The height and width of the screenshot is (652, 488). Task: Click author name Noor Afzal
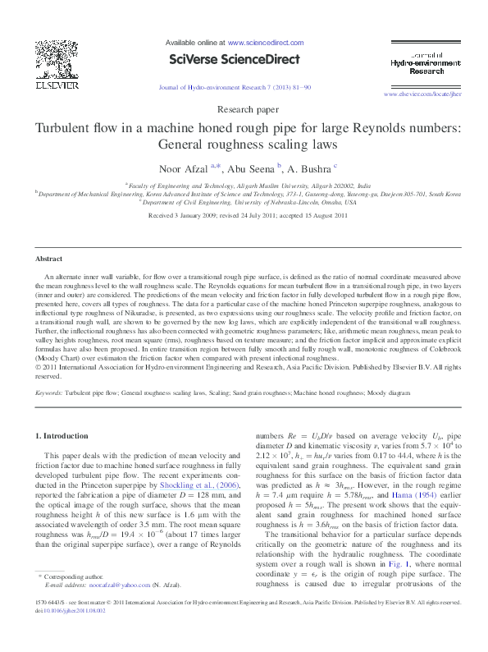pyautogui.click(x=187, y=168)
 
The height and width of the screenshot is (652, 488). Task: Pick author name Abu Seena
pyautogui.click(x=252, y=168)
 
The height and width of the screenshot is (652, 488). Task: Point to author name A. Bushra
pyautogui.click(x=305, y=168)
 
